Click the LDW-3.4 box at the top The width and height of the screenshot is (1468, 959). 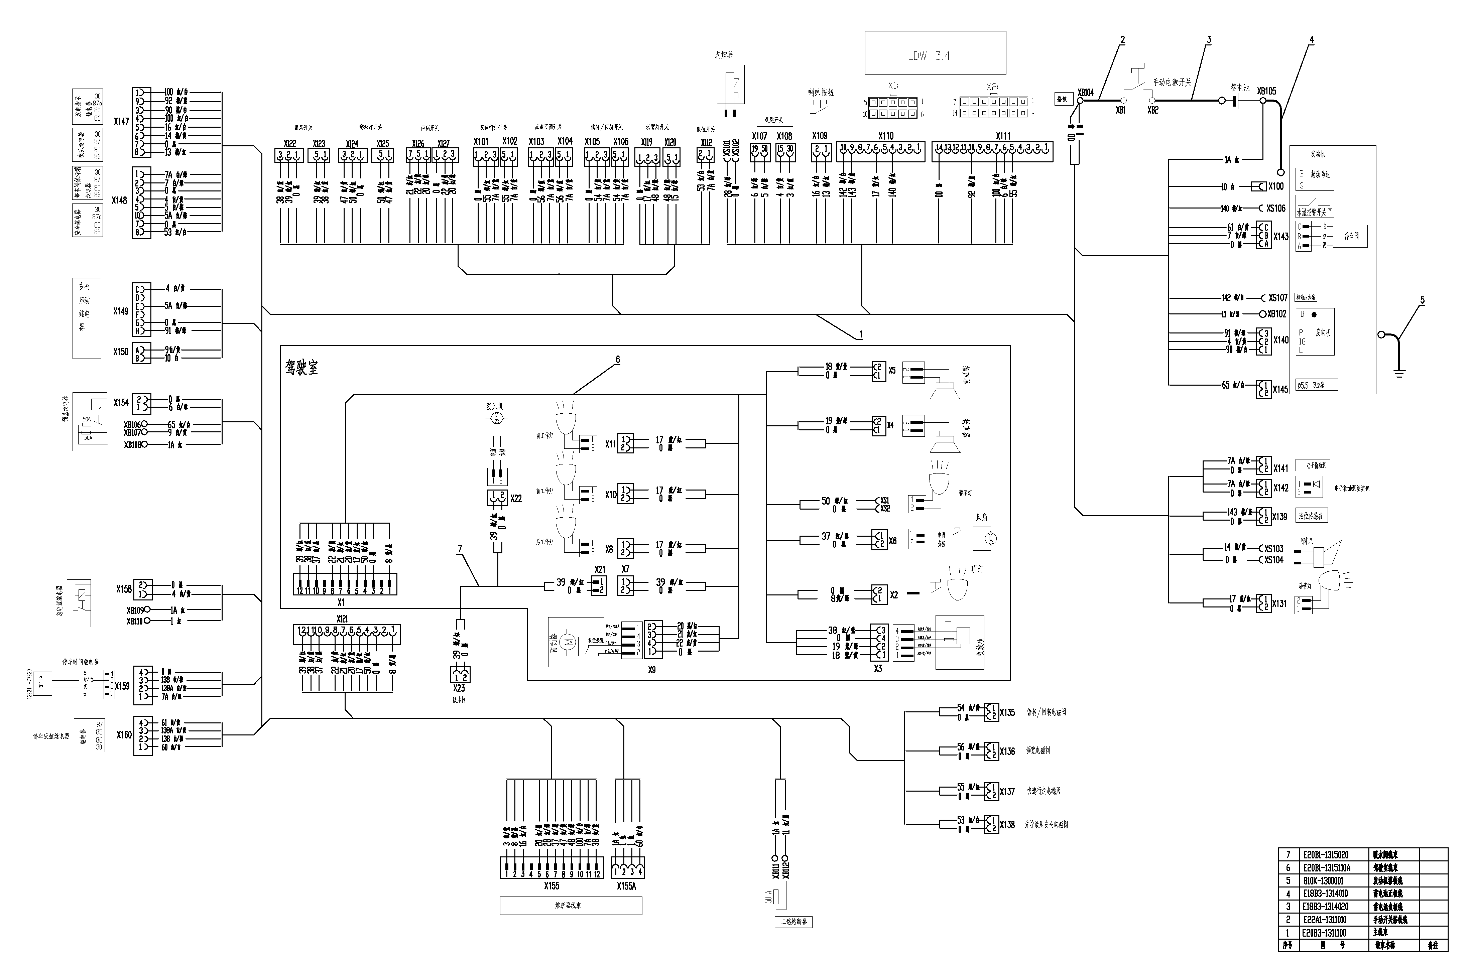tap(935, 53)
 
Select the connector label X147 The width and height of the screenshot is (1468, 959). tap(122, 122)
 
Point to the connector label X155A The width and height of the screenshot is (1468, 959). tap(626, 886)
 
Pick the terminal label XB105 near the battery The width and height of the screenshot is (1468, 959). tap(1266, 91)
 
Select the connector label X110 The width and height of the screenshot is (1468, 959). tap(886, 136)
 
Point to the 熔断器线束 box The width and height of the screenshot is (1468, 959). tap(571, 905)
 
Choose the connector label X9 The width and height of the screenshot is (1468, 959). tap(652, 669)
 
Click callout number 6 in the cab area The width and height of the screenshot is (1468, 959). tap(617, 360)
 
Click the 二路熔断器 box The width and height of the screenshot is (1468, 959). tap(794, 922)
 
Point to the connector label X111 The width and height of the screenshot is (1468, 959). tap(1003, 136)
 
